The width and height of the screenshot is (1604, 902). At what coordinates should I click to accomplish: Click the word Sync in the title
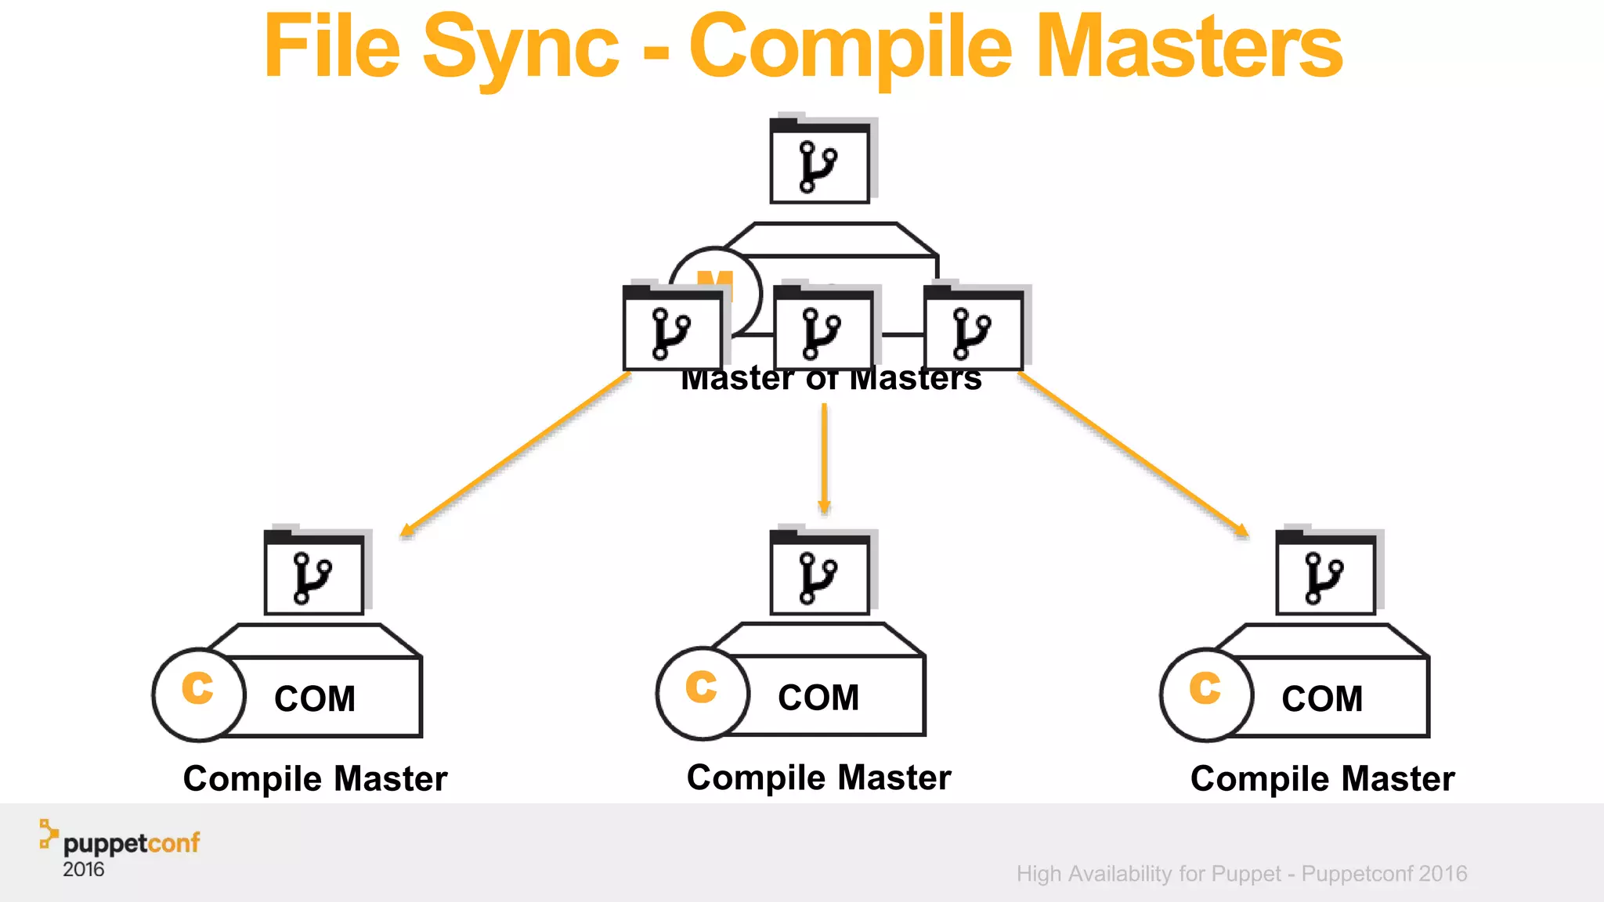coord(520,49)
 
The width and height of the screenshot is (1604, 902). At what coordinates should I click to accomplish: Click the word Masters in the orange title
coord(1189,49)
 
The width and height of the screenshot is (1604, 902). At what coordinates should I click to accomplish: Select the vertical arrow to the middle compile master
coord(824,458)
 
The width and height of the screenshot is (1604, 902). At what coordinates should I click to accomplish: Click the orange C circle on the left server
coord(198,694)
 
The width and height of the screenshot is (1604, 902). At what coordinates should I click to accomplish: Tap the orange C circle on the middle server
coord(702,692)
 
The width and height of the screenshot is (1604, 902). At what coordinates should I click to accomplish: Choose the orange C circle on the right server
coord(1205,694)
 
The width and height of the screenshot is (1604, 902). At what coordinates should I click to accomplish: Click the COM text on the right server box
coord(1322,698)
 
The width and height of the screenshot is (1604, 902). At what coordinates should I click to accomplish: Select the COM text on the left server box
coord(315,698)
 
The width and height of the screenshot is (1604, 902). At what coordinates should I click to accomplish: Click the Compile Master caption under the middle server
coord(818,778)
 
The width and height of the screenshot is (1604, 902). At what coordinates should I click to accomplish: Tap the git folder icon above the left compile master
coord(314,576)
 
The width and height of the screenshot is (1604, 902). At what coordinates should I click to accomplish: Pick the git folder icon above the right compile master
coord(1325,576)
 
